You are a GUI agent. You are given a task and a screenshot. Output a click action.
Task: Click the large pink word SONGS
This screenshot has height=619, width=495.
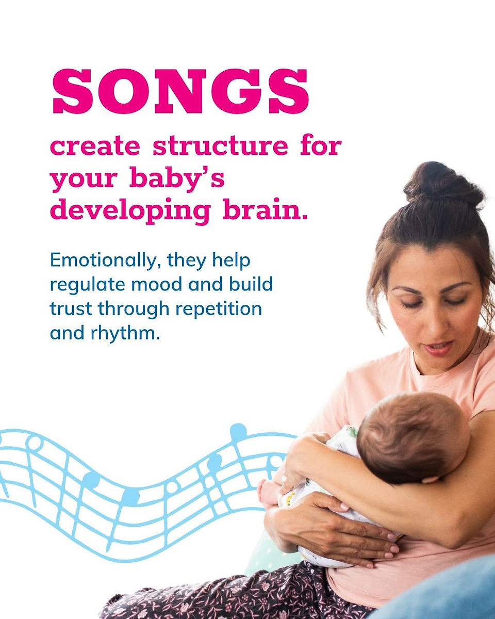click(x=180, y=91)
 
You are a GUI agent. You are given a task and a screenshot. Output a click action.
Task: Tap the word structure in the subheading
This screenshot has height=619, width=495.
click(x=220, y=146)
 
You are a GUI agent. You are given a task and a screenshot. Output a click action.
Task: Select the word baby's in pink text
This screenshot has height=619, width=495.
click(x=177, y=179)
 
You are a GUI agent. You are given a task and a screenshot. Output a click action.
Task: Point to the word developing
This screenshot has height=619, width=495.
click(x=130, y=212)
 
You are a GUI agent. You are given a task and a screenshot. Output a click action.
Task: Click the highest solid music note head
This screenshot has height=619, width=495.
click(x=238, y=432)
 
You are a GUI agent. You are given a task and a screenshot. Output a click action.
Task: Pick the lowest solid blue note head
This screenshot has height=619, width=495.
click(x=130, y=497)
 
